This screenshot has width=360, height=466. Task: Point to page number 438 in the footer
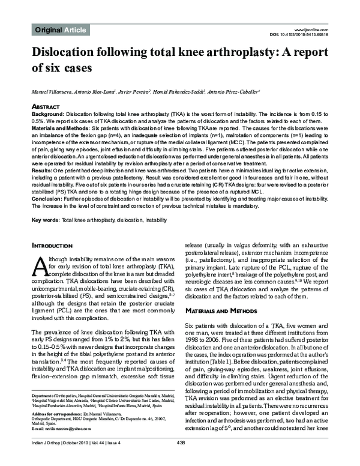[179, 459]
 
